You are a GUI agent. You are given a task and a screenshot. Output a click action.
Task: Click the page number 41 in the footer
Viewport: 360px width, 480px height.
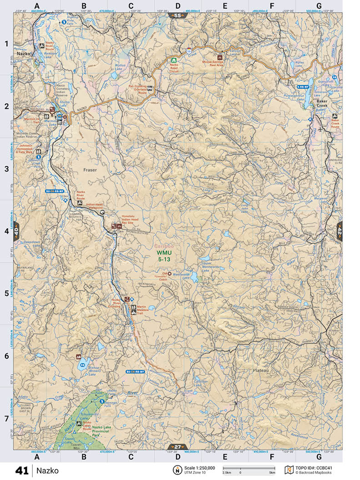[22, 470]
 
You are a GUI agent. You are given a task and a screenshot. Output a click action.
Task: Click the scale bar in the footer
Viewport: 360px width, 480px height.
[249, 468]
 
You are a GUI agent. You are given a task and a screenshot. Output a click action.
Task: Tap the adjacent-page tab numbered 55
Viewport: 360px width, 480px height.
[177, 15]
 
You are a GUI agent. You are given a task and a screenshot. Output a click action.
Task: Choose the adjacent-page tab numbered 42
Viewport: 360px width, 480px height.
[339, 231]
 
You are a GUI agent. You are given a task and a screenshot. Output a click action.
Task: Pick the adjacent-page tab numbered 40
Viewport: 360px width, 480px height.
[16, 231]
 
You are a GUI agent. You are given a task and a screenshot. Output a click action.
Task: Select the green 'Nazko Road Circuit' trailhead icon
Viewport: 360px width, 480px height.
[174, 60]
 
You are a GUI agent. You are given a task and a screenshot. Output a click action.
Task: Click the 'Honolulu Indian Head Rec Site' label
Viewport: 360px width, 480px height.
[132, 220]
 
